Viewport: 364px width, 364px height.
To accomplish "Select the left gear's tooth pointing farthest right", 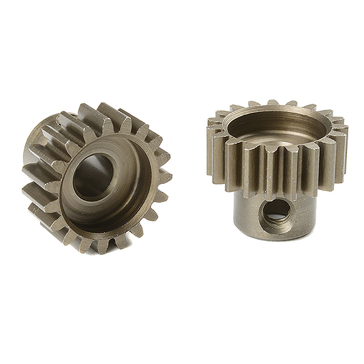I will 165,177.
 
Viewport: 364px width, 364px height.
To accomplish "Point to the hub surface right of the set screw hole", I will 303,209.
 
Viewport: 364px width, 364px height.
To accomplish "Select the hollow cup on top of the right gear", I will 276,127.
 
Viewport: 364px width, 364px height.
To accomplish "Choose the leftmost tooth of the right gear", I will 213,149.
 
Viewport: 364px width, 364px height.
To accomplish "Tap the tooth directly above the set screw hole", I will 274,173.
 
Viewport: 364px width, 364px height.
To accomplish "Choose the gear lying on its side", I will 97,176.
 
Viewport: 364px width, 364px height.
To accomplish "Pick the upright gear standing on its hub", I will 276,170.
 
